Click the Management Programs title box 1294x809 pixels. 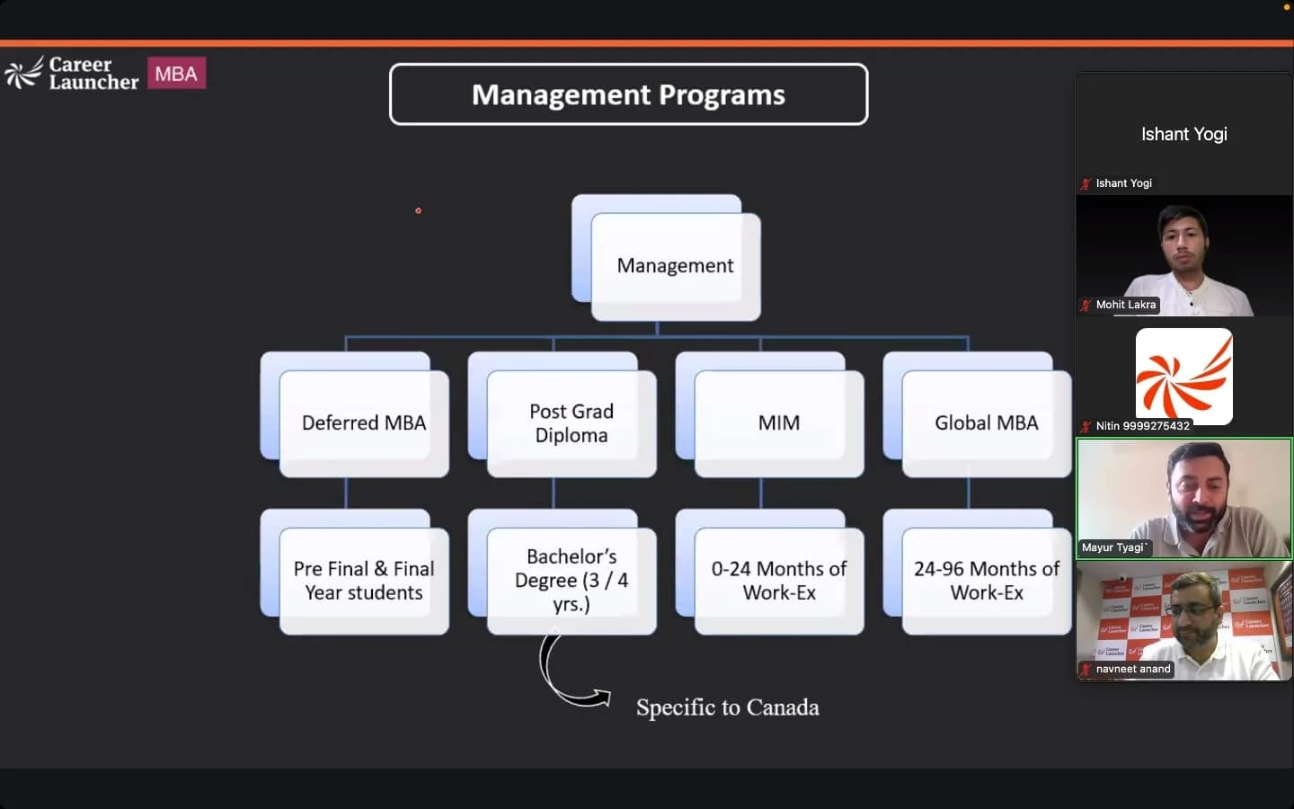click(x=628, y=94)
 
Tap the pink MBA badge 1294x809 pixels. click(x=177, y=73)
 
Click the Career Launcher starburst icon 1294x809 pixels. click(x=23, y=74)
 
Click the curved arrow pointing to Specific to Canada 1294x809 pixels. click(x=550, y=686)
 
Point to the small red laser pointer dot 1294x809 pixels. click(x=418, y=211)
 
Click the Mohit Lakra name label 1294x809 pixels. click(x=1126, y=305)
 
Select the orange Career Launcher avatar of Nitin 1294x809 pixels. click(x=1184, y=376)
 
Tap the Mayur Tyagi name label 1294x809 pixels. click(x=1113, y=547)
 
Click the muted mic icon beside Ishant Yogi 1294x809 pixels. click(x=1086, y=183)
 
